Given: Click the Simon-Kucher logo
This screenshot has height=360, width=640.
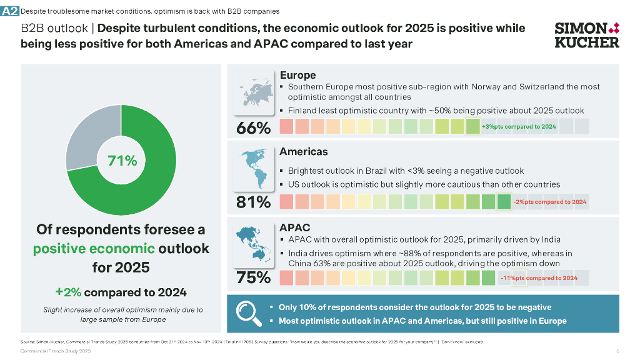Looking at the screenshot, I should pyautogui.click(x=587, y=35).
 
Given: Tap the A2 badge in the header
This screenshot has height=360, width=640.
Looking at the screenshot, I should pyautogui.click(x=10, y=11).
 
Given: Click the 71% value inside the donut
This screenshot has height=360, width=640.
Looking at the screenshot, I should pyautogui.click(x=122, y=161).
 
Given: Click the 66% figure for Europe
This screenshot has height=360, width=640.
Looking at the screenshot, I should pyautogui.click(x=253, y=128).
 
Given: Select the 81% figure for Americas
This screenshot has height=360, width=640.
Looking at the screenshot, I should pyautogui.click(x=253, y=202).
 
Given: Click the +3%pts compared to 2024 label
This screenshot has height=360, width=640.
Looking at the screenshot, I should pyautogui.click(x=519, y=127).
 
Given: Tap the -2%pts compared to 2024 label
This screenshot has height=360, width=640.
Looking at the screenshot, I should pyautogui.click(x=549, y=202).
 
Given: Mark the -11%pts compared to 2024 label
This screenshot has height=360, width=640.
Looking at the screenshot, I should pyautogui.click(x=539, y=278).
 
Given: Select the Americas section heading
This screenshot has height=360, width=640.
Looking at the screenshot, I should pyautogui.click(x=304, y=152).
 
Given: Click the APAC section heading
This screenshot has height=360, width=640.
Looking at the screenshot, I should pyautogui.click(x=295, y=227).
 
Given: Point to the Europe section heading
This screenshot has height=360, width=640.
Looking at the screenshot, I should pyautogui.click(x=297, y=75).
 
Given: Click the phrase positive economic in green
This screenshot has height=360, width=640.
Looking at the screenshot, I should pyautogui.click(x=94, y=248).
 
